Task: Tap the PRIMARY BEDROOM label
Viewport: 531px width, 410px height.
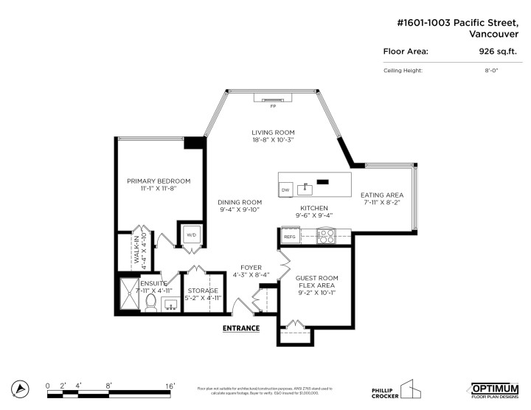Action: (159, 181)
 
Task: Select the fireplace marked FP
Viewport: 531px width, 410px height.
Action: (272, 99)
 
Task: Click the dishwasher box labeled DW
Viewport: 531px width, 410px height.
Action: (285, 191)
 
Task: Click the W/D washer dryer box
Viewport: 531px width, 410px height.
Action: (191, 234)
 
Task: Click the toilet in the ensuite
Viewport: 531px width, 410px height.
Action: (150, 301)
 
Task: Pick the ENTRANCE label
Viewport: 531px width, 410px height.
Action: (241, 327)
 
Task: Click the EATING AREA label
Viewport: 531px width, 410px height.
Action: (381, 195)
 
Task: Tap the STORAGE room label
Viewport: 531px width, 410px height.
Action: (202, 291)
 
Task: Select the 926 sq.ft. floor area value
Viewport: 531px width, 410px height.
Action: (496, 52)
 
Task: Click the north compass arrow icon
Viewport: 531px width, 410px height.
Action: (22, 389)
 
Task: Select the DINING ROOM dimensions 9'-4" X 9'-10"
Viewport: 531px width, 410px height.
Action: (240, 210)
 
